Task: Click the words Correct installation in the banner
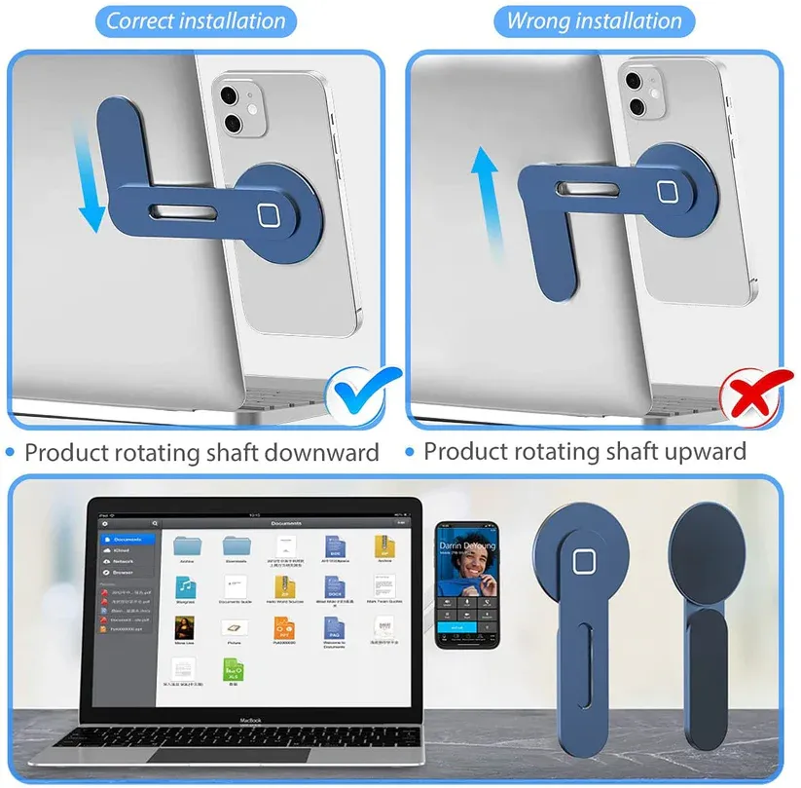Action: pos(196,20)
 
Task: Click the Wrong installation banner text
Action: pos(595,20)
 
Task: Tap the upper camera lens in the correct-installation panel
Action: pos(230,95)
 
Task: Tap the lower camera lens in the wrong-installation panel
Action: pos(634,105)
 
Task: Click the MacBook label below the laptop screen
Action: pos(253,721)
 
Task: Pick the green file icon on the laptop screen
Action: pos(233,670)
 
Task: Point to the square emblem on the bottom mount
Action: pos(583,563)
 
